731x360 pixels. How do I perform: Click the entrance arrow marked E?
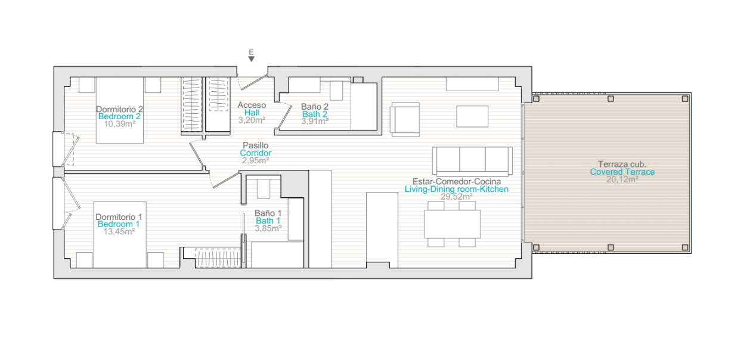251,58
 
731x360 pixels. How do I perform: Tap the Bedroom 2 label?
119,116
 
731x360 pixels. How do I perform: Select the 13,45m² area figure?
119,231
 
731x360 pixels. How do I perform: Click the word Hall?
252,113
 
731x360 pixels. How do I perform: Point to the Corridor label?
256,153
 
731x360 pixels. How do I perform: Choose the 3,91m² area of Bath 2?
315,122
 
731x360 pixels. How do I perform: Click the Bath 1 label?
268,221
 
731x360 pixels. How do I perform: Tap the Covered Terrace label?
622,172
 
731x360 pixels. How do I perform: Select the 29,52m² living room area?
457,197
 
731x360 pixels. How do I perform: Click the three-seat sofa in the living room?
472,162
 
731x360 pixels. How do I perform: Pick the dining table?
453,224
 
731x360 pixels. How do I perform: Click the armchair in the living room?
405,120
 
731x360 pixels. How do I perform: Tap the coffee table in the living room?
472,116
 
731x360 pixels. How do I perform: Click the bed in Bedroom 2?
120,110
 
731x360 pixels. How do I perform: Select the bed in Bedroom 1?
120,235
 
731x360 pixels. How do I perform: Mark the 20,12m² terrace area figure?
622,179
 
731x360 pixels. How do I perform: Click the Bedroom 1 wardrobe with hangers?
218,258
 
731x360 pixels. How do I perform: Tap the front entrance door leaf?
254,82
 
